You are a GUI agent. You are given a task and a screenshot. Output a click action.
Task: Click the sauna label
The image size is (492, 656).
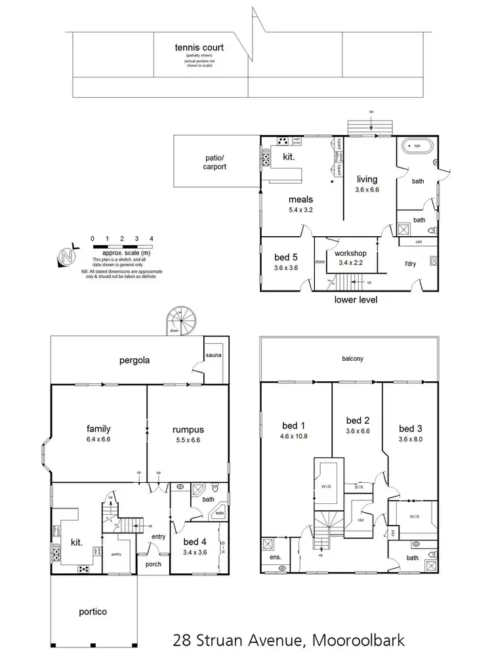[x=214, y=356]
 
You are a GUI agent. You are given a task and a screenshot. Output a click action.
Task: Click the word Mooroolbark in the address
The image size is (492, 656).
[x=359, y=639]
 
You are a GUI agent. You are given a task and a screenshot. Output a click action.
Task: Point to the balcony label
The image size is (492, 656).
[x=352, y=359]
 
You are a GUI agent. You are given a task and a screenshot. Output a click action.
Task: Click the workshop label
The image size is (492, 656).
[x=350, y=253]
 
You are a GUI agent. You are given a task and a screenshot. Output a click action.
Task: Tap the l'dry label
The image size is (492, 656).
[x=411, y=264]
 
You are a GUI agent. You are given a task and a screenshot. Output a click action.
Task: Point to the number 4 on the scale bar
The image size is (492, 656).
[x=152, y=238]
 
